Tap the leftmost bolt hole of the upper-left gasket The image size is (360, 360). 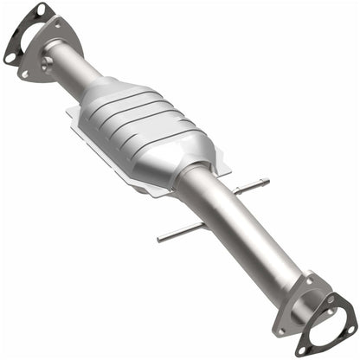[x=11, y=57]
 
